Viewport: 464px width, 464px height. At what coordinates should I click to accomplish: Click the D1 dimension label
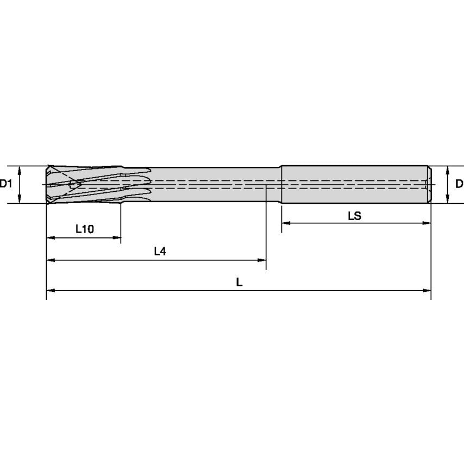(6, 184)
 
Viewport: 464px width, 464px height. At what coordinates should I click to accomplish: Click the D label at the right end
(459, 184)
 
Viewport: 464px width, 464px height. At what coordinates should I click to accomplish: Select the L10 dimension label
(84, 229)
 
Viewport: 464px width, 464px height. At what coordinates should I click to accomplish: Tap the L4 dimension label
(160, 251)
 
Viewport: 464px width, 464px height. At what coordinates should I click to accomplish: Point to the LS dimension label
(354, 216)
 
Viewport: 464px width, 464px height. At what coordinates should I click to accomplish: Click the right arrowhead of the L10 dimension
(117, 237)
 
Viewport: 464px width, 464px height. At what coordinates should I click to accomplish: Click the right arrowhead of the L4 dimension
(262, 260)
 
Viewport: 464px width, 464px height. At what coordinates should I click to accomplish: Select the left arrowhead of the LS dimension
(285, 223)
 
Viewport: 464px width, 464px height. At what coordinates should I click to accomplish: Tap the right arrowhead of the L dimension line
(427, 291)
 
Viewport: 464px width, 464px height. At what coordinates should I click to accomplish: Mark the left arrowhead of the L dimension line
(50, 291)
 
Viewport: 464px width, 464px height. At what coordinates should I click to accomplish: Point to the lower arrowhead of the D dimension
(447, 200)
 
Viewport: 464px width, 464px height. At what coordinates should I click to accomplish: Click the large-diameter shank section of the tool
(353, 185)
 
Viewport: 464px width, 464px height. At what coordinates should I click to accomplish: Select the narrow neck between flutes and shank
(217, 185)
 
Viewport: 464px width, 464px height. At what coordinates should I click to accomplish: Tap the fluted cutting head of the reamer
(87, 185)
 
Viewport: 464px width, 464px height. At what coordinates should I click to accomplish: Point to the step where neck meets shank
(281, 185)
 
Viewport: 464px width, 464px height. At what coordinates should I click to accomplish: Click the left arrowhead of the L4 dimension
(50, 260)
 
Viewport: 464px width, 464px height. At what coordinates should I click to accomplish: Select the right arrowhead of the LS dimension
(427, 223)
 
